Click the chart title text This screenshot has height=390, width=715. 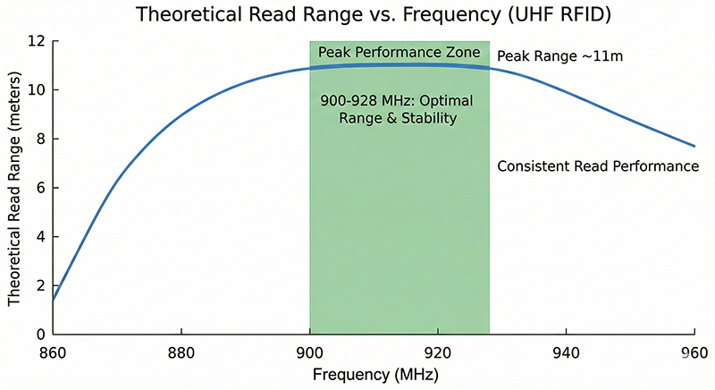(x=361, y=15)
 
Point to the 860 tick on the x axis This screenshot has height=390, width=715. (x=54, y=352)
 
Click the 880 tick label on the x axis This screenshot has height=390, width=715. (x=181, y=352)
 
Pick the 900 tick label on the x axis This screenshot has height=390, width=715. (x=309, y=352)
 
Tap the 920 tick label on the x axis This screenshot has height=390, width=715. (x=437, y=352)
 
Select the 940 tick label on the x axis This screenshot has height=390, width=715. (x=566, y=352)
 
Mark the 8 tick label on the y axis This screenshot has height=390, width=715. (x=39, y=139)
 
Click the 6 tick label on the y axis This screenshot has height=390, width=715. (x=39, y=188)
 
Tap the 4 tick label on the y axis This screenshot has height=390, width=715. (x=39, y=237)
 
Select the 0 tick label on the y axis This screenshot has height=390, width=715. (x=39, y=335)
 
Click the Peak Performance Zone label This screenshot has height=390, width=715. (x=400, y=51)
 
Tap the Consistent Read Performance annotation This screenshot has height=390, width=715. (x=597, y=166)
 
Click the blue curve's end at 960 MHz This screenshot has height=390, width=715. (x=694, y=146)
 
